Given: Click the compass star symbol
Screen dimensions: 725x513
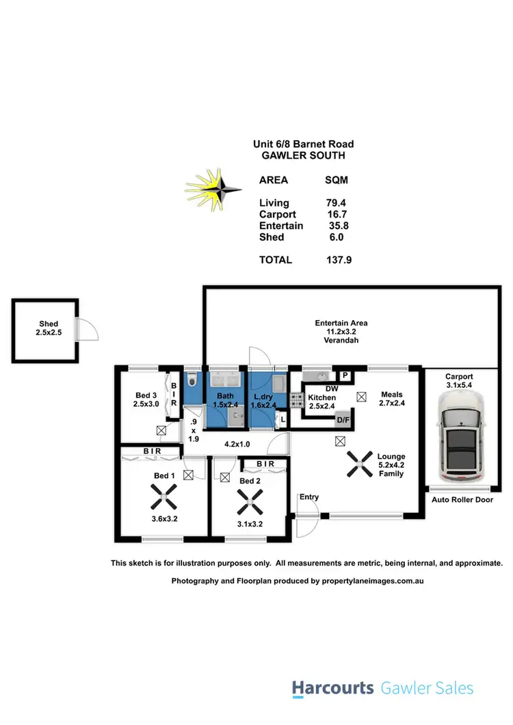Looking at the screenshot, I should [x=214, y=188].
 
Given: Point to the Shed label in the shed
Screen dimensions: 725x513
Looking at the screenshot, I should [x=49, y=324].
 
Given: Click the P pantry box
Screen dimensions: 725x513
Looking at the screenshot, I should [x=345, y=375].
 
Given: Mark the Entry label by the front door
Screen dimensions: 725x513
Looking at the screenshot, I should [x=309, y=497].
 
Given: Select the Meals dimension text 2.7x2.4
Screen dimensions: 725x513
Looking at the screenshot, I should [x=392, y=404].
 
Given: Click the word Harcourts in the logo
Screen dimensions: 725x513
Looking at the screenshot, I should [x=333, y=688].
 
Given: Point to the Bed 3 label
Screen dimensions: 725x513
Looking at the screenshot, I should [x=146, y=395].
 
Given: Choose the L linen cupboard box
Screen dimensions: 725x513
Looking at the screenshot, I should [x=282, y=420].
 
